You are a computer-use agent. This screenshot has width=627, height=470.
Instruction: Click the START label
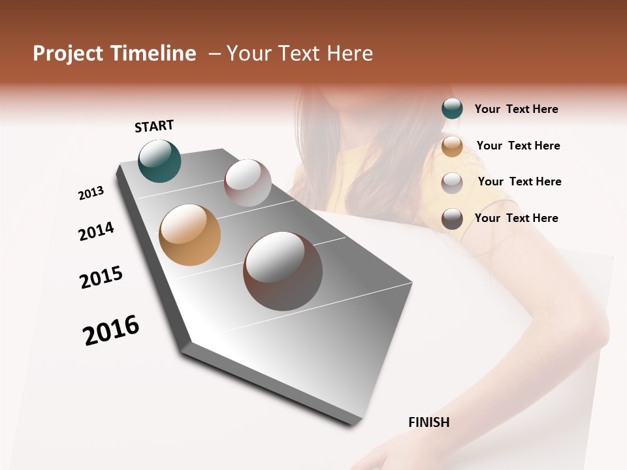[x=154, y=126]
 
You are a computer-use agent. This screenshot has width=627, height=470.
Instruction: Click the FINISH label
[x=429, y=422]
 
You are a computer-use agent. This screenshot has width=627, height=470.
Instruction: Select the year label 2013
[x=91, y=193]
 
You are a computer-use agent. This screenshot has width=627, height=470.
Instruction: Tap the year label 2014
[x=96, y=231]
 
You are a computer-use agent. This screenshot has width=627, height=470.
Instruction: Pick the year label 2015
[x=101, y=277]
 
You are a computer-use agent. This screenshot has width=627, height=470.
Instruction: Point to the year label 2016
[x=111, y=330]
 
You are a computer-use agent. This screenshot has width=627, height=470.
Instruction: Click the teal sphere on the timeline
[x=160, y=161]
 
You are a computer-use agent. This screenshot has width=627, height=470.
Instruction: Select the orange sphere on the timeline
[x=189, y=235]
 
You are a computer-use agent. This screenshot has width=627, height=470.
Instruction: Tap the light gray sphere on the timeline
[x=248, y=183]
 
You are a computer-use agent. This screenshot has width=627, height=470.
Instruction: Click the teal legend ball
[x=452, y=109]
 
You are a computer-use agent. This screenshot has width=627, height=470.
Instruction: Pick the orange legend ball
[x=452, y=146]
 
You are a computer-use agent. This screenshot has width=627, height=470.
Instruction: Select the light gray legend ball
[x=452, y=183]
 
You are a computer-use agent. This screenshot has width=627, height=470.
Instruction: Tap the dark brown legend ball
[x=452, y=219]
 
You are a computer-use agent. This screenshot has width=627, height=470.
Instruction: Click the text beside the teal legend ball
[x=516, y=110]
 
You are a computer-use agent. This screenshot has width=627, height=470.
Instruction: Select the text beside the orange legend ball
[x=518, y=146]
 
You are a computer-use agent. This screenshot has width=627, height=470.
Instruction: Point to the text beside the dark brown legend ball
[x=516, y=218]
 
